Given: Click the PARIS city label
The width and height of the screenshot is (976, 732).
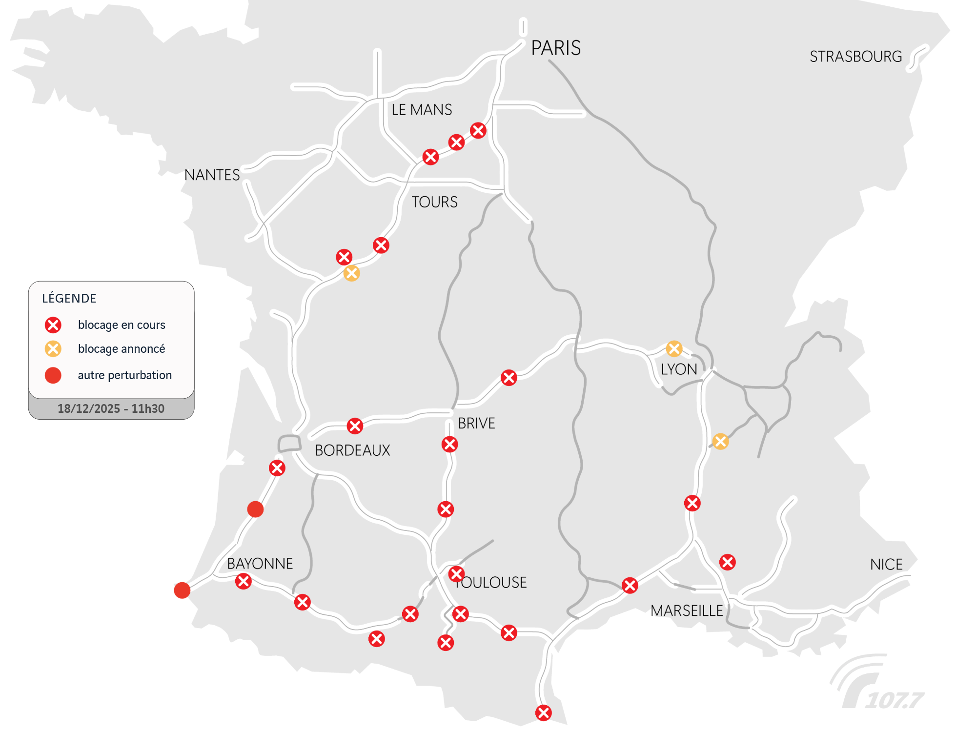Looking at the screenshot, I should tap(556, 48).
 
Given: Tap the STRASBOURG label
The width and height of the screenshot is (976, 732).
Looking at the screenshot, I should tap(855, 57).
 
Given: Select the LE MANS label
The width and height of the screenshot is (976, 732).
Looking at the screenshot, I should tap(422, 110).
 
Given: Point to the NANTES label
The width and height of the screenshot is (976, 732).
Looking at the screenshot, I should tap(212, 175).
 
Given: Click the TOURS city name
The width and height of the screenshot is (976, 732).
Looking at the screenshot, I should tap(434, 202).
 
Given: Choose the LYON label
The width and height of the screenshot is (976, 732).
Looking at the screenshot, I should tap(679, 369).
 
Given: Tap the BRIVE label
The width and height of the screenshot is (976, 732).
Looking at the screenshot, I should tap(476, 423).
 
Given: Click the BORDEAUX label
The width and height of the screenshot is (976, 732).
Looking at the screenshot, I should tap(352, 450).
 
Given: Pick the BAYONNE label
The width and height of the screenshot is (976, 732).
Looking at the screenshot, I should tap(260, 564).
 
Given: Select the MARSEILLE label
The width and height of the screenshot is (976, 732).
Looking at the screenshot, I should tap(687, 610).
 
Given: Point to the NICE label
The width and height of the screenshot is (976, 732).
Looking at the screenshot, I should tap(886, 565).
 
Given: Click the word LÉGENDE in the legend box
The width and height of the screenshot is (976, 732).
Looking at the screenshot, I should tap(69, 298).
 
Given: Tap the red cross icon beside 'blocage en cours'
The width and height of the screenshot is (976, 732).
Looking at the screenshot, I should tap(53, 325).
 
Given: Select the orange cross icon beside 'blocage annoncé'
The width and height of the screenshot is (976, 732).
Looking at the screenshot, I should tap(53, 349).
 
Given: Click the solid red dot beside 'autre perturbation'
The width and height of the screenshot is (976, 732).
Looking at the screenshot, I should tap(53, 375).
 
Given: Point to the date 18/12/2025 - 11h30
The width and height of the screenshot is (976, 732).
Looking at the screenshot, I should tap(111, 409).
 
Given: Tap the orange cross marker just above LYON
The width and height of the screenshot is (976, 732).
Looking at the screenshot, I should tap(674, 348).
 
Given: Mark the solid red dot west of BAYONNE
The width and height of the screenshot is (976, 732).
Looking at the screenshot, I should tap(182, 590).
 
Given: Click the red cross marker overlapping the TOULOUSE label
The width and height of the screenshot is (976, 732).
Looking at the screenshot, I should tap(456, 574).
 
